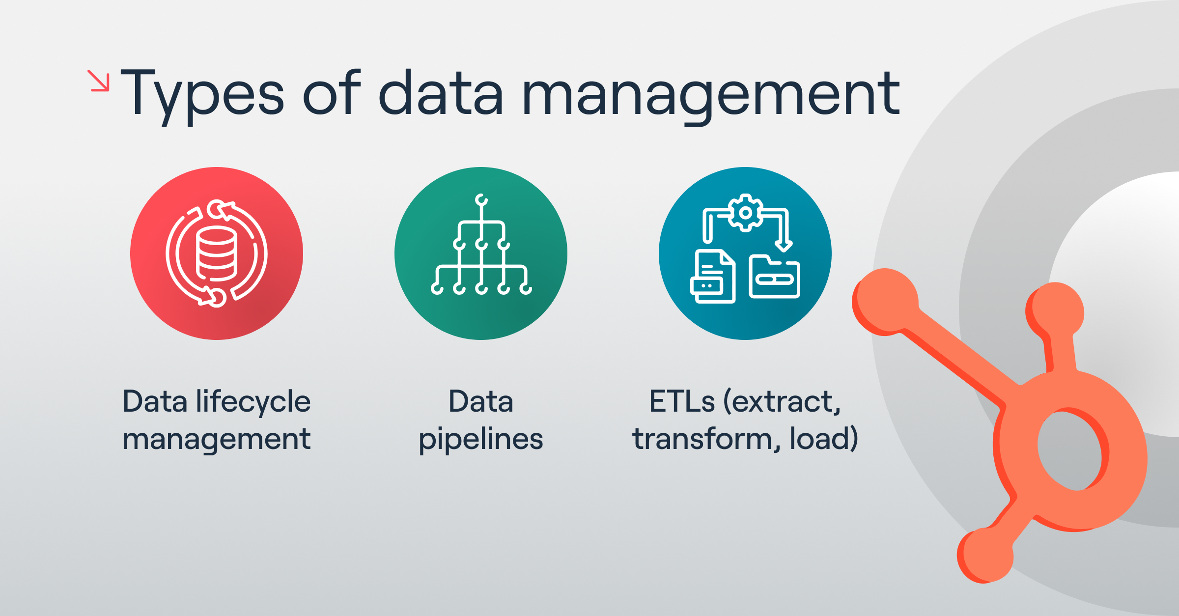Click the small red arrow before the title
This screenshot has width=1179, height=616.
pyautogui.click(x=98, y=81)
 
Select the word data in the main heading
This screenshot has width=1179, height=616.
pyautogui.click(x=441, y=93)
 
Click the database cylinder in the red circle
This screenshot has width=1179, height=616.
pyautogui.click(x=217, y=253)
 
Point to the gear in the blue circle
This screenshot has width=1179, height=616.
pyautogui.click(x=745, y=213)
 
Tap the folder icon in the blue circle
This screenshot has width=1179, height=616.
pyautogui.click(x=774, y=277)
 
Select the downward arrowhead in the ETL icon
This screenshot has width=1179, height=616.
pyautogui.click(x=783, y=245)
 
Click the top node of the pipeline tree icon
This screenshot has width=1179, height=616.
pyautogui.click(x=481, y=199)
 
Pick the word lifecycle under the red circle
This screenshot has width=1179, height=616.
pyautogui.click(x=253, y=402)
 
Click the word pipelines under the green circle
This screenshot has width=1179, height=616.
pyautogui.click(x=481, y=439)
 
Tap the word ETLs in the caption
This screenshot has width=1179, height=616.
pyautogui.click(x=682, y=402)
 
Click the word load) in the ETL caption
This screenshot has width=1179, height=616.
pyautogui.click(x=824, y=439)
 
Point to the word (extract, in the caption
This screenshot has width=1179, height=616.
pyautogui.click(x=782, y=402)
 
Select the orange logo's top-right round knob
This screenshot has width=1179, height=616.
pyautogui.click(x=1056, y=310)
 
